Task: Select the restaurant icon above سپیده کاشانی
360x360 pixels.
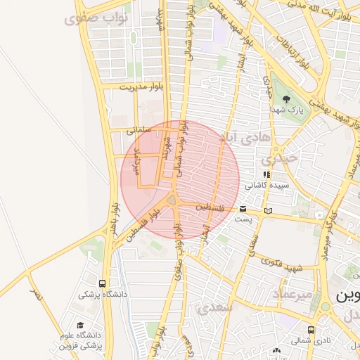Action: (x=266, y=174)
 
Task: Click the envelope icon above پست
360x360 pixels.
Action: (x=243, y=209)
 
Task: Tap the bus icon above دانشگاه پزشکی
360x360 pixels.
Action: (x=103, y=283)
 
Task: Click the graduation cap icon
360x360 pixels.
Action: (x=80, y=326)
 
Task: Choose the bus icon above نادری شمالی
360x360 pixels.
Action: (x=311, y=329)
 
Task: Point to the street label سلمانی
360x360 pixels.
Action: (x=139, y=130)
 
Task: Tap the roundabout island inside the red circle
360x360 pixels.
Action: (x=172, y=202)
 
